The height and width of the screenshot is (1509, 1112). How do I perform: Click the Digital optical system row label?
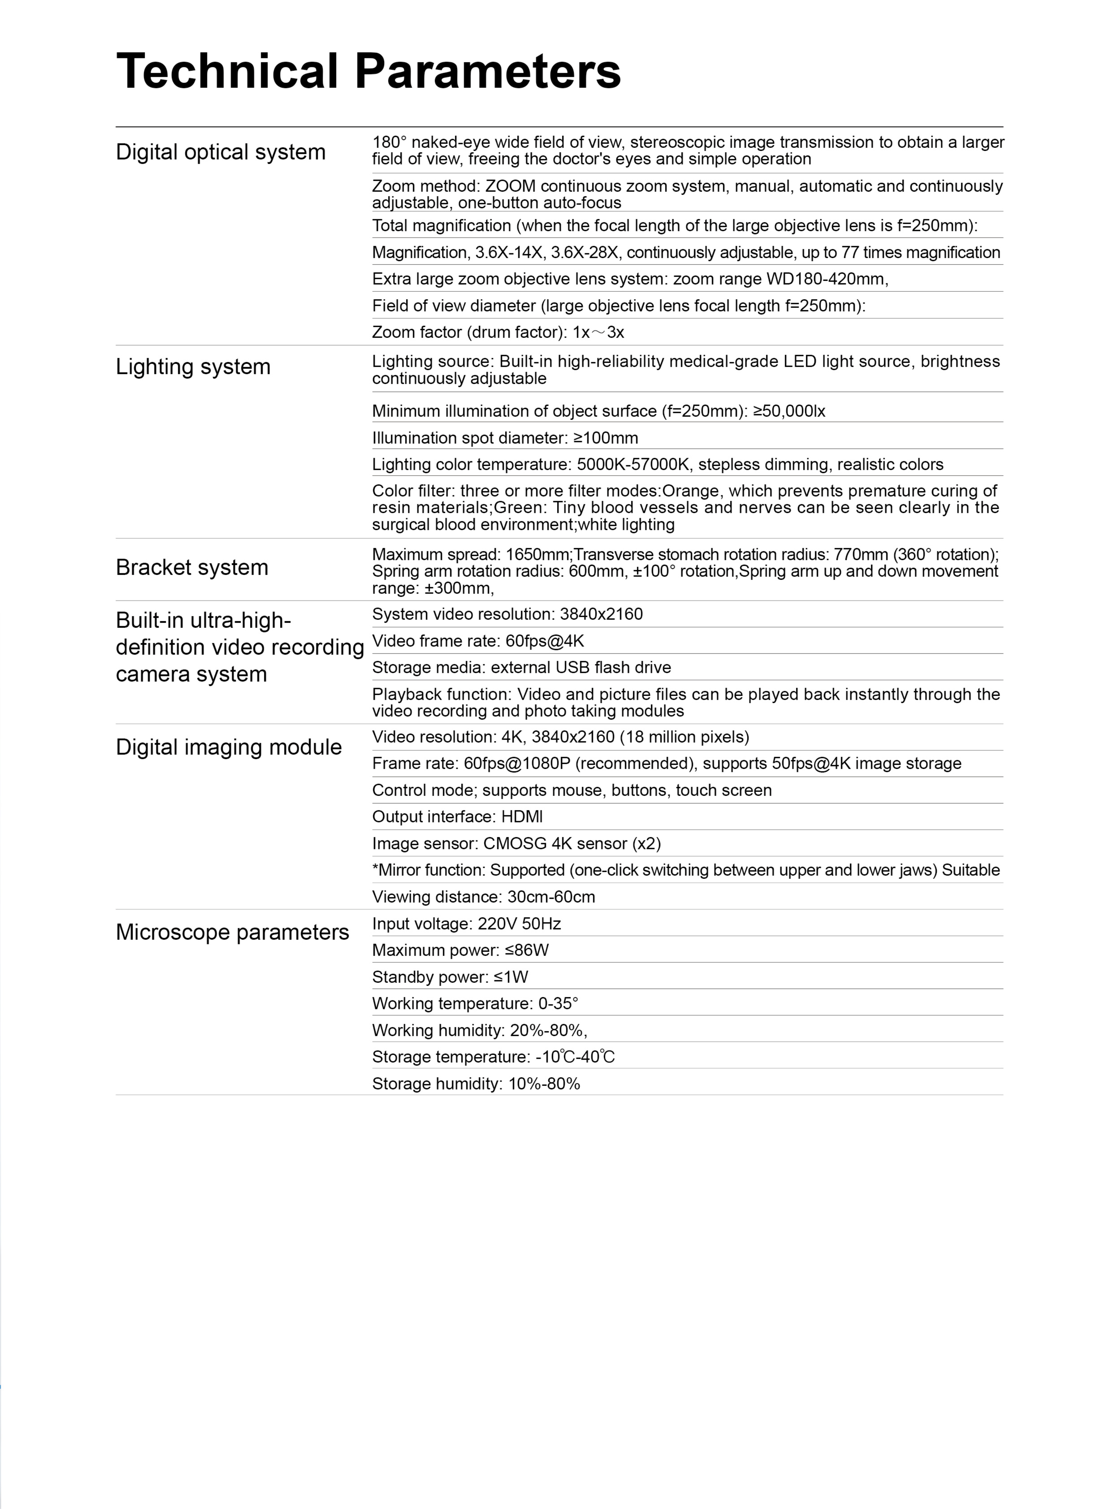click(220, 152)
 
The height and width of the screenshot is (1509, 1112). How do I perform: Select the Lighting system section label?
click(193, 367)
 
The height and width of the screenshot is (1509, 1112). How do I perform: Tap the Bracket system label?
click(192, 567)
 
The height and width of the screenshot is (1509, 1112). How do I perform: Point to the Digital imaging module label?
click(228, 747)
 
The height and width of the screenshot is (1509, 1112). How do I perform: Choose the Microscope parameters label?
click(232, 932)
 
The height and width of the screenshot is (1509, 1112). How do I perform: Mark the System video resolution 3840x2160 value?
click(601, 614)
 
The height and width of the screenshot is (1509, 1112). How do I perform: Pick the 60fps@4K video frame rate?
click(545, 641)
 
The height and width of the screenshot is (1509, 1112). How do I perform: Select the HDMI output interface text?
click(522, 817)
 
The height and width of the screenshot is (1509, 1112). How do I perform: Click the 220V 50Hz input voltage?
click(519, 924)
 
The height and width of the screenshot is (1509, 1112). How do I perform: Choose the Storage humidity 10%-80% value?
click(544, 1084)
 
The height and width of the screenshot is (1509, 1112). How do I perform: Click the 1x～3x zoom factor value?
click(598, 333)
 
